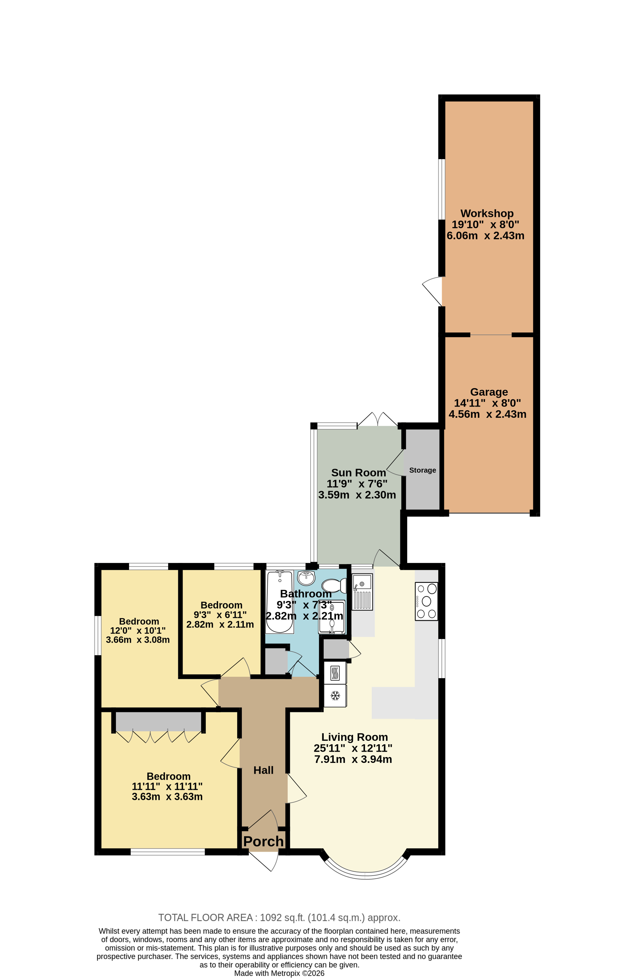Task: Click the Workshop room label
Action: click(x=487, y=213)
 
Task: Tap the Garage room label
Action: click(x=489, y=392)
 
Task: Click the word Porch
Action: click(x=263, y=841)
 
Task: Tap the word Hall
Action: click(x=263, y=770)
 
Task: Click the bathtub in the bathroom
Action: click(x=280, y=601)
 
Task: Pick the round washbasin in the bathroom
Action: click(x=306, y=578)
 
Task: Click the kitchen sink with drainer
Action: click(x=362, y=592)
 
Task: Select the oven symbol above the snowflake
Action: click(x=335, y=673)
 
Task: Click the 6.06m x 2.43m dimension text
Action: click(x=485, y=236)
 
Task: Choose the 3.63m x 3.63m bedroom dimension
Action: click(x=167, y=796)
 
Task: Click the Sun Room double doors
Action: click(x=377, y=420)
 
